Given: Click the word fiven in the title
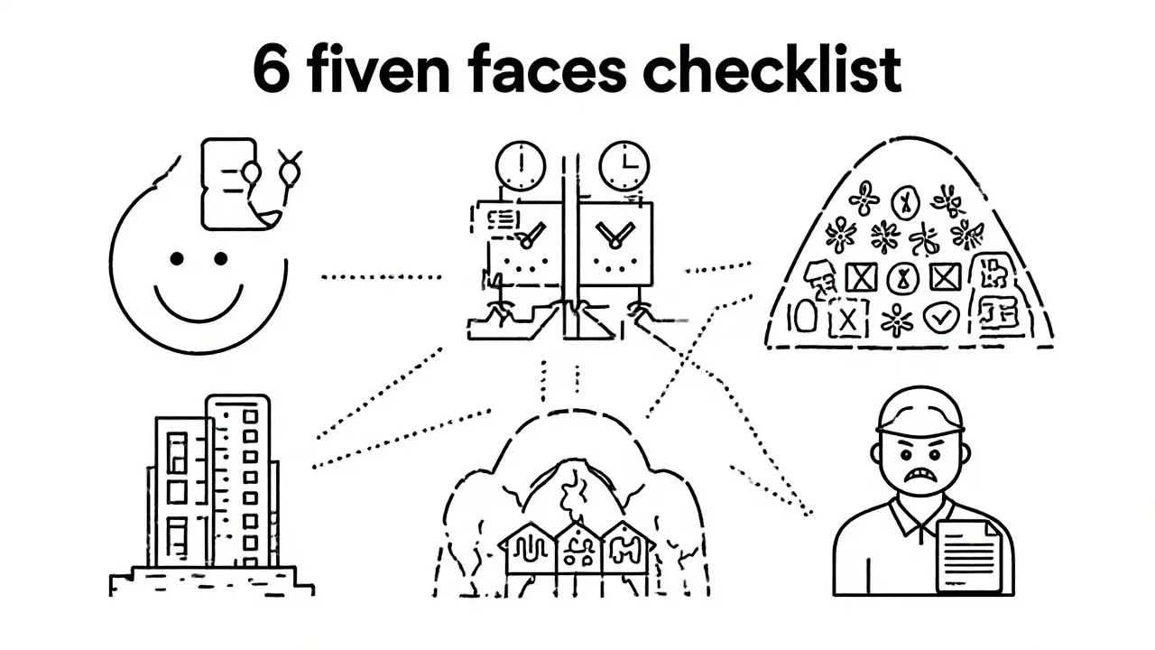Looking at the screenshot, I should (x=380, y=70).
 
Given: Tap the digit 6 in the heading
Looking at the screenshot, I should (x=273, y=71).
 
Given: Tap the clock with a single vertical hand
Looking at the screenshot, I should (x=521, y=166).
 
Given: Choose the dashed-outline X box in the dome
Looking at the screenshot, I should (x=846, y=318).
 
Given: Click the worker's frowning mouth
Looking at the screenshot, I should (x=921, y=474).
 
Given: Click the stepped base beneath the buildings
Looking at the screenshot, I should (x=212, y=578).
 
